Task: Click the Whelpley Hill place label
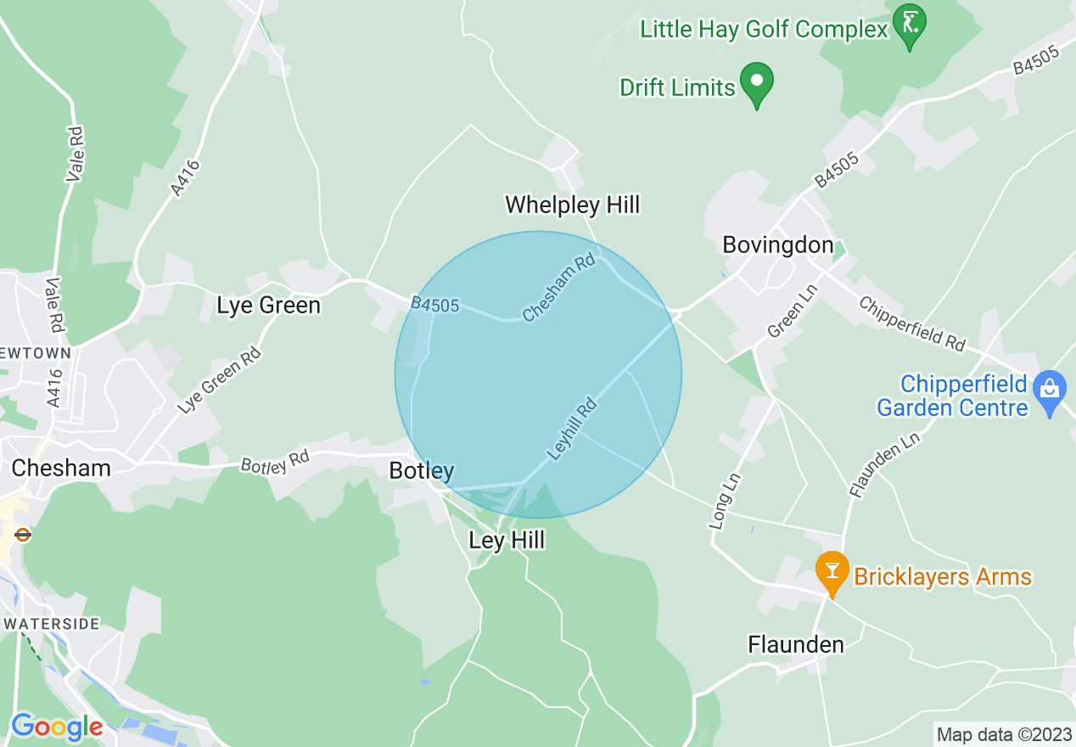pyautogui.click(x=572, y=205)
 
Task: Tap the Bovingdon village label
pyautogui.click(x=777, y=245)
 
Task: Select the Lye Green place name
pyautogui.click(x=268, y=306)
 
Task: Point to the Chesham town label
pyautogui.click(x=61, y=468)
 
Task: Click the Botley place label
pyautogui.click(x=421, y=470)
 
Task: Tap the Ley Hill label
pyautogui.click(x=507, y=541)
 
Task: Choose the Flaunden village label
pyautogui.click(x=795, y=645)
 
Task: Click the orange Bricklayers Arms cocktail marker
pyautogui.click(x=832, y=570)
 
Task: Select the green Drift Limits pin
pyautogui.click(x=755, y=82)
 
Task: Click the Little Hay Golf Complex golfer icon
pyautogui.click(x=910, y=23)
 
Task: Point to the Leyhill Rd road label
pyautogui.click(x=572, y=430)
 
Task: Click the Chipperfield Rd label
pyautogui.click(x=911, y=323)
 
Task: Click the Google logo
pyautogui.click(x=56, y=727)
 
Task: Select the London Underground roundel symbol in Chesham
pyautogui.click(x=23, y=535)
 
